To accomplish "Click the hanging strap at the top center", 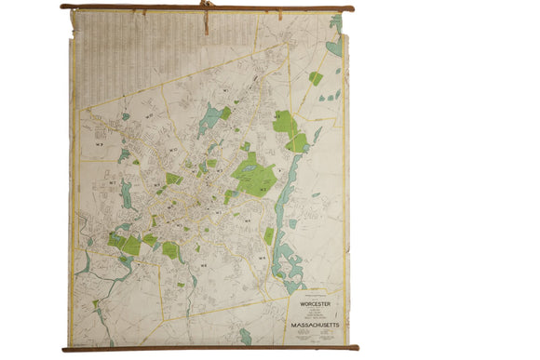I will click(x=206, y=16).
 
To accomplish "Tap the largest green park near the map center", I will click(x=255, y=177).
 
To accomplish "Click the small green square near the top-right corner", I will click(x=316, y=78).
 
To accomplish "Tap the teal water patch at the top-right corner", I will click(x=334, y=44).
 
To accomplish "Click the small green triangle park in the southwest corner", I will click(x=95, y=303).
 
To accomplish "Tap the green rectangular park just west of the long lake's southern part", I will click(x=268, y=235).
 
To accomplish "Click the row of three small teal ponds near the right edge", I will click(x=328, y=96).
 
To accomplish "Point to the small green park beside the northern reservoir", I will click(x=225, y=113).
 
